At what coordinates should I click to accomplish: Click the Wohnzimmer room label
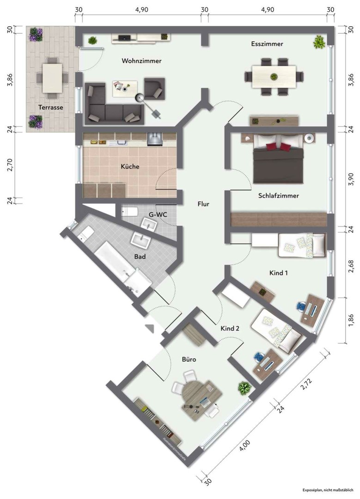141,61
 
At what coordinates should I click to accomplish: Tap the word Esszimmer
267,44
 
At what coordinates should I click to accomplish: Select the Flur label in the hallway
203,203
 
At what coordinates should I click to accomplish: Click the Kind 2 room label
230,329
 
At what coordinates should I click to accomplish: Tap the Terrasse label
50,107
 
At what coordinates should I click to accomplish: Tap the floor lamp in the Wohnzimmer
138,97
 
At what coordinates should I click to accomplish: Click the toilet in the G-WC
129,212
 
